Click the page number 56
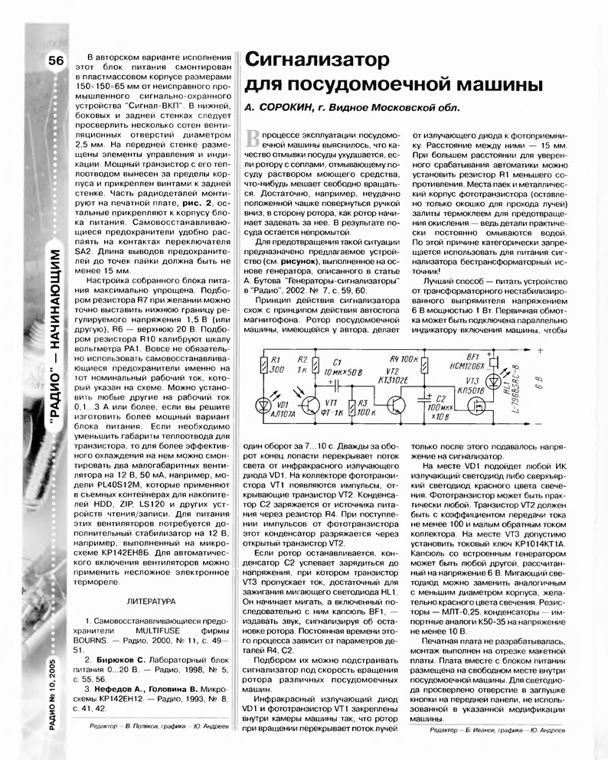point(55,62)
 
